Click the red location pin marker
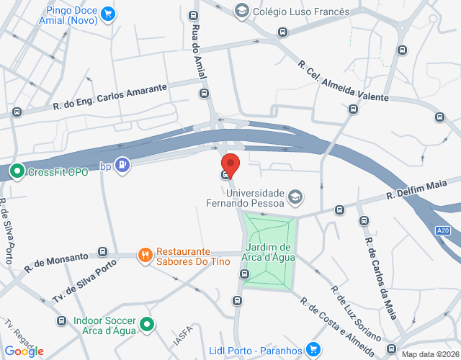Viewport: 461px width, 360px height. (229, 163)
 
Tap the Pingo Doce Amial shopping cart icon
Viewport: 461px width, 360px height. (108, 13)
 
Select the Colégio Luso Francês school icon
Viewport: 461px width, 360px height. (241, 11)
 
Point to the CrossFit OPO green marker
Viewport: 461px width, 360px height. (17, 171)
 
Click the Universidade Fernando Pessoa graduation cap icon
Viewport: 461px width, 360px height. (295, 196)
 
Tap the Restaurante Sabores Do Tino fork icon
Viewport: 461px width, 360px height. (145, 253)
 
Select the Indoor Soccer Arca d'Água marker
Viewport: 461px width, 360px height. (147, 325)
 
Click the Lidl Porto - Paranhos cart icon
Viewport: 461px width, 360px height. (313, 350)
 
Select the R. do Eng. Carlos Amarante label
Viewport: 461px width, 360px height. (109, 97)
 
